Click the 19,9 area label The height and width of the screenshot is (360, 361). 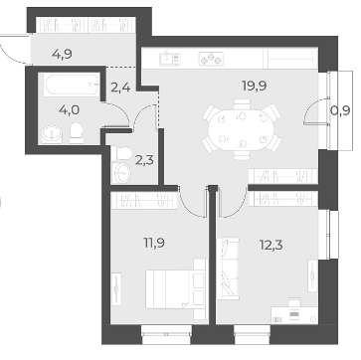coord(255,87)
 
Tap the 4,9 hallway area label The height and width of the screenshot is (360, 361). coord(63,53)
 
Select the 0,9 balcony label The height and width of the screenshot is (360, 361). coord(340,110)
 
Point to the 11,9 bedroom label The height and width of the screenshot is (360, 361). coord(154,243)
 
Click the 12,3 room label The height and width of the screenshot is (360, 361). coord(271,246)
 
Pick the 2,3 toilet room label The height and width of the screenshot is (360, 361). coord(145,162)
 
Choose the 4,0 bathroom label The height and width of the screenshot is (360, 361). coord(69,109)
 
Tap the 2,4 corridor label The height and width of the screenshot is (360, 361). coord(119,89)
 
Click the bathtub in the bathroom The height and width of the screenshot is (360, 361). coord(72,85)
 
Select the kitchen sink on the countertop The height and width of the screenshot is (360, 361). coord(170,59)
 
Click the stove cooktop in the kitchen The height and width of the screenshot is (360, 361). coord(211,59)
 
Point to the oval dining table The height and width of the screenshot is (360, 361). coord(242,129)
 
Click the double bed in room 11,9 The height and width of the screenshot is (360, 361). coord(176,289)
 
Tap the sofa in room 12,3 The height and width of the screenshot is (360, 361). coord(228,269)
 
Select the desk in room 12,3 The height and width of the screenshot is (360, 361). coord(294,314)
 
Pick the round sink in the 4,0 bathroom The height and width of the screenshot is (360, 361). coord(52,134)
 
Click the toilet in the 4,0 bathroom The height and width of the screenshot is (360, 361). coord(77,133)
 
